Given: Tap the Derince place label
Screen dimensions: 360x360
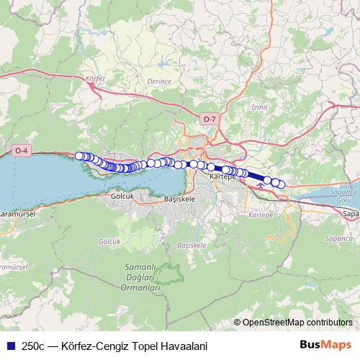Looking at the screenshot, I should [159, 81].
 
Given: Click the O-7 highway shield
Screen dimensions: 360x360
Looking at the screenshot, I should [209, 119].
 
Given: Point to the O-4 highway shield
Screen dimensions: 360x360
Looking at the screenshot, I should [21, 150].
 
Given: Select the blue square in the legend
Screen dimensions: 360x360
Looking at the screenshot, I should [9, 345].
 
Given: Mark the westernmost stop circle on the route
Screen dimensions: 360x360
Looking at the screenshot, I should [79, 156].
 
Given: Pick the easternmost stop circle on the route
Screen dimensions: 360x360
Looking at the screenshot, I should [281, 185].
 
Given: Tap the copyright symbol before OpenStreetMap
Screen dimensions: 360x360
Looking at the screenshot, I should [237, 323].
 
